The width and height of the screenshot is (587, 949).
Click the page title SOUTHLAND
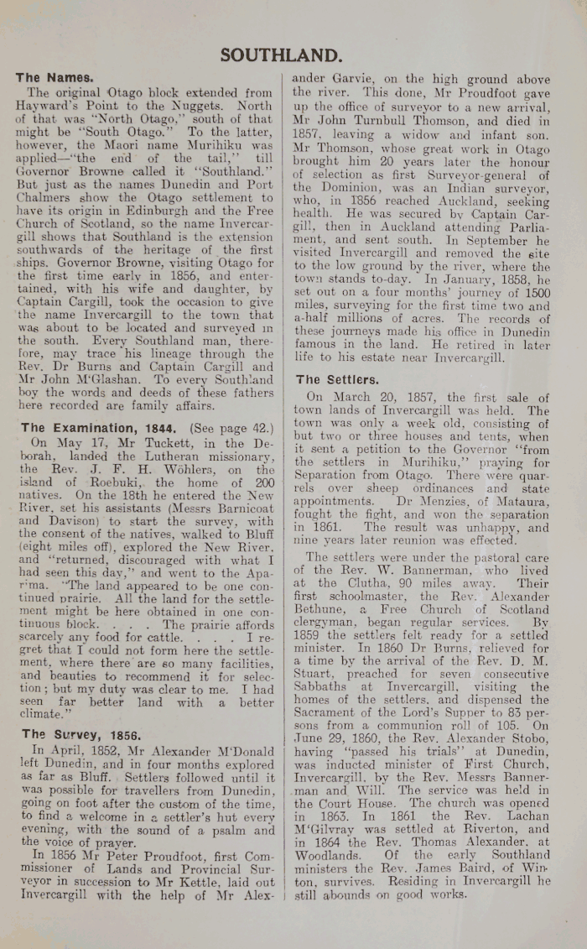[281, 55]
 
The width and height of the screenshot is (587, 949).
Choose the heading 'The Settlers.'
[337, 379]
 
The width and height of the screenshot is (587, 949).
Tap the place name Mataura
[512, 502]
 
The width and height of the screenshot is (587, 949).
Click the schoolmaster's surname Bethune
[321, 611]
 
